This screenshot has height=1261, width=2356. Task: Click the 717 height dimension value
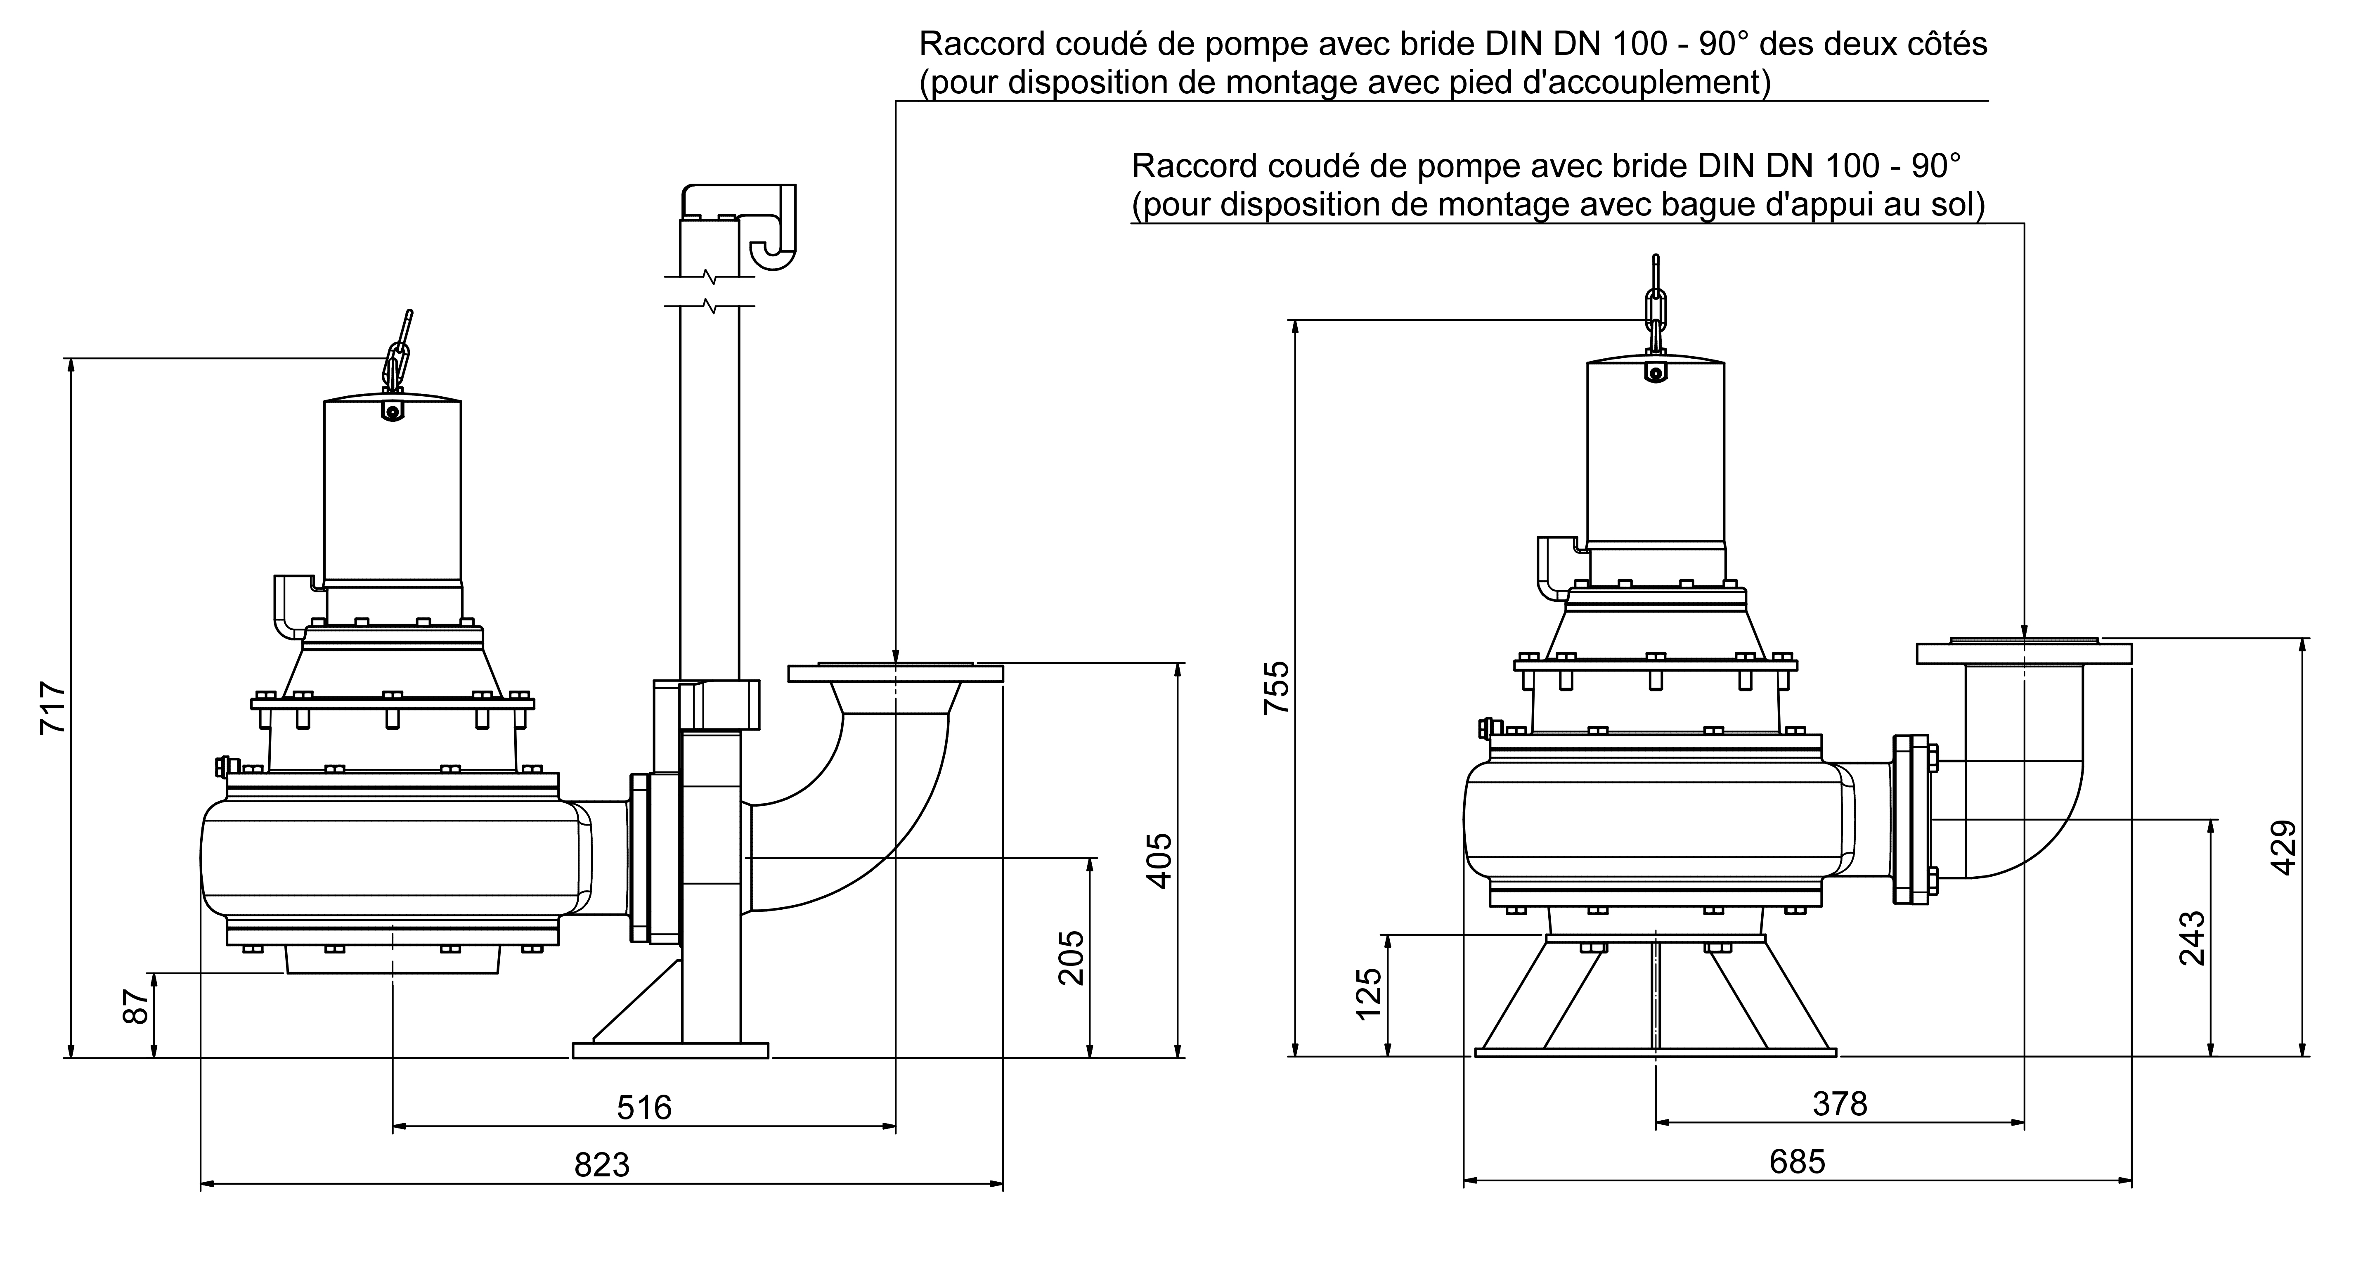[x=53, y=707]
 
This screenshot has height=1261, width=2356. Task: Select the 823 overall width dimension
[x=602, y=1165]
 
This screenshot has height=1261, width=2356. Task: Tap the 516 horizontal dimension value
[x=644, y=1107]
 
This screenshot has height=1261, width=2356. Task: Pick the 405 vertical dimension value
[x=1160, y=859]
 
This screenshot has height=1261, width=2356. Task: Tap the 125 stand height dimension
[x=1369, y=995]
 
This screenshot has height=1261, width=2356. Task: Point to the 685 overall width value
[x=1797, y=1162]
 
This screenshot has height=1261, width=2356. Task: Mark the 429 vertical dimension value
[x=2284, y=848]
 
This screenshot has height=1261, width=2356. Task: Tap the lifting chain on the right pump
[x=1654, y=302]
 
